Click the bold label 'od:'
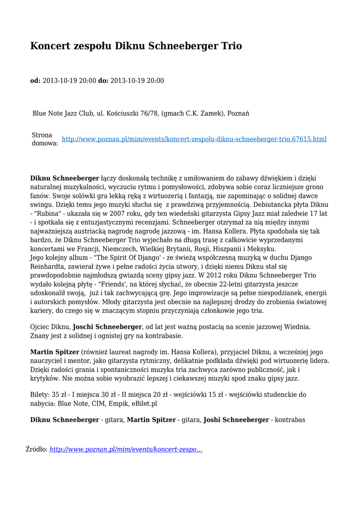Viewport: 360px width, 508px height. point(35,80)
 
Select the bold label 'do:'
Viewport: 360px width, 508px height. point(103,80)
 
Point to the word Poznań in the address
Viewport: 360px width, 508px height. point(238,114)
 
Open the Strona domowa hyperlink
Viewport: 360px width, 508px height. point(194,139)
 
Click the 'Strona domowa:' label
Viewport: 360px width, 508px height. point(44,139)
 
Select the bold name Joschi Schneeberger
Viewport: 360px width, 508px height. point(107,327)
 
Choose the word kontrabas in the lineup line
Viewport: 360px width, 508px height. point(290,420)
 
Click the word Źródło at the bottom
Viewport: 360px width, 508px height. point(36,449)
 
